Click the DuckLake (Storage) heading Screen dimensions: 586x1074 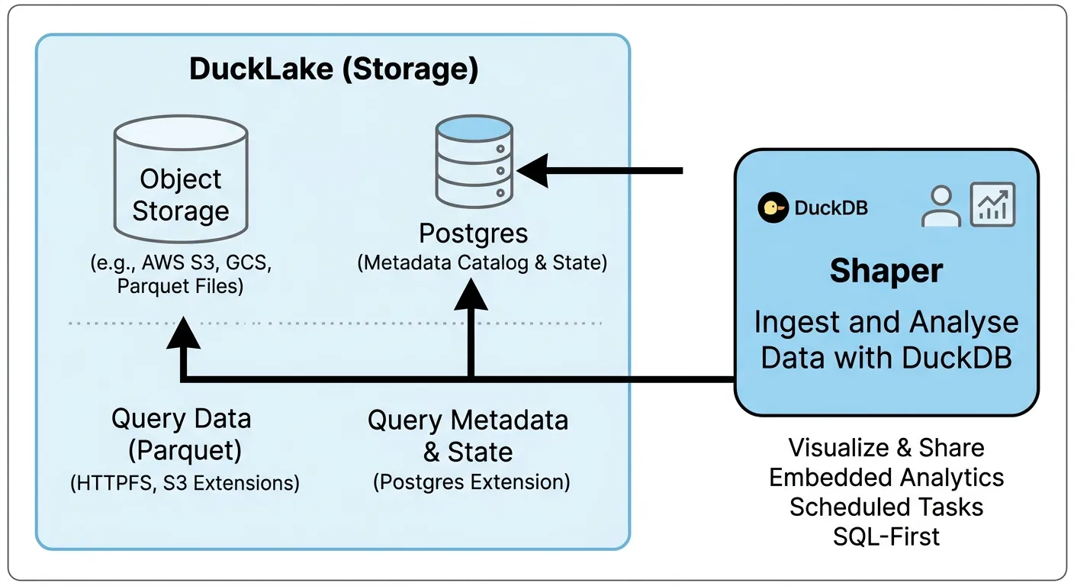pyautogui.click(x=333, y=69)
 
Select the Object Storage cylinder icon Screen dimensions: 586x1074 pyautogui.click(x=181, y=180)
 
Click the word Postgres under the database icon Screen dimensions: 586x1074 pyautogui.click(x=473, y=233)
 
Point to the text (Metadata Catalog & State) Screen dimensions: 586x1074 pyautogui.click(x=482, y=262)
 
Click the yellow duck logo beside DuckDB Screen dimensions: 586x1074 pyautogui.click(x=773, y=208)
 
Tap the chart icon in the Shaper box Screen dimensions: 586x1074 pyautogui.click(x=992, y=204)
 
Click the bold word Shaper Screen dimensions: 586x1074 pyautogui.click(x=886, y=272)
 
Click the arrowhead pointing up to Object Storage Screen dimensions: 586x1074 pyautogui.click(x=182, y=334)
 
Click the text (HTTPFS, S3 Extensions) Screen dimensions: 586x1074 pyautogui.click(x=185, y=483)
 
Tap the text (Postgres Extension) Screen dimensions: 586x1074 pyautogui.click(x=471, y=482)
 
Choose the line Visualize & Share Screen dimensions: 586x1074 pyautogui.click(x=886, y=448)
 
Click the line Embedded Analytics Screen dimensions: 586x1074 pyautogui.click(x=886, y=478)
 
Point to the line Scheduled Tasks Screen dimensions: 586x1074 pyautogui.click(x=886, y=507)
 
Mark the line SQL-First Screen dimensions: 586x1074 pyautogui.click(x=886, y=536)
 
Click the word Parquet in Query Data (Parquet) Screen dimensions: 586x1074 pyautogui.click(x=185, y=451)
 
